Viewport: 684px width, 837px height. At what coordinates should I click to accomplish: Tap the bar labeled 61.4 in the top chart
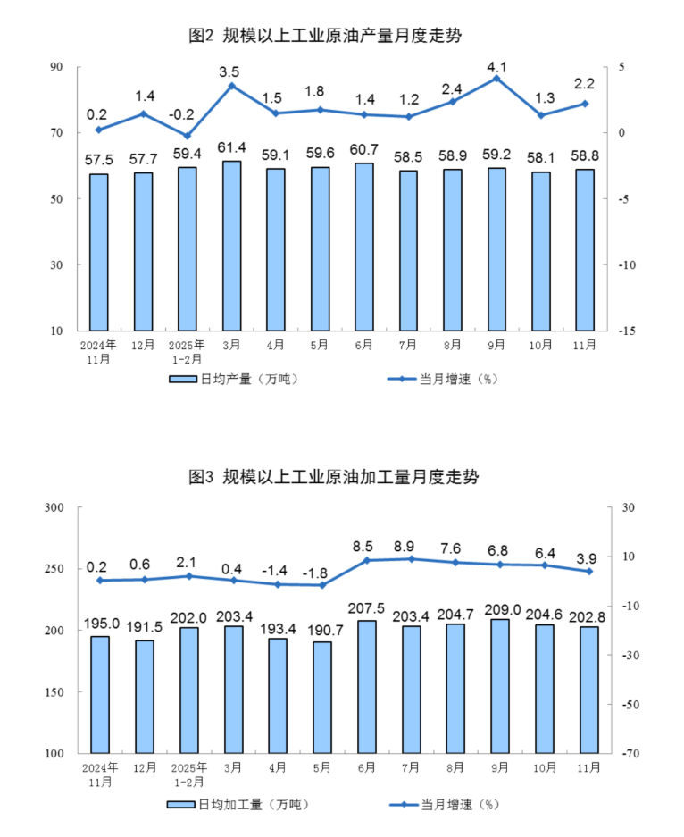pos(231,246)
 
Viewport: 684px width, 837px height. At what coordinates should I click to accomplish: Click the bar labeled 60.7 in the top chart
pos(364,247)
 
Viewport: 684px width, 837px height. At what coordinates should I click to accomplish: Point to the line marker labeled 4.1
pos(496,79)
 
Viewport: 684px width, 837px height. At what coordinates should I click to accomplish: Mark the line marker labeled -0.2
pos(187,136)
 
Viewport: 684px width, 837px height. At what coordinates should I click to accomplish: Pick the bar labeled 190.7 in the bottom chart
pos(322,697)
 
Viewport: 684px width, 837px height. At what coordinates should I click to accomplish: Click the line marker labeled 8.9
pos(411,559)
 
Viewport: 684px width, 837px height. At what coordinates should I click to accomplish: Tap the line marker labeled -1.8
pos(322,585)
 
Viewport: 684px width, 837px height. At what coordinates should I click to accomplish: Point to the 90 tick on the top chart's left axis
pos(56,67)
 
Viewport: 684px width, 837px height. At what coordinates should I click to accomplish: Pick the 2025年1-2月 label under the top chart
pos(187,351)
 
